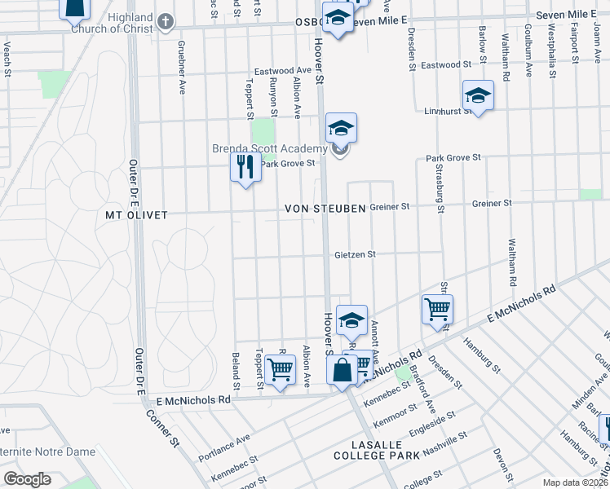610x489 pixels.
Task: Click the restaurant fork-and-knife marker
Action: (245, 168)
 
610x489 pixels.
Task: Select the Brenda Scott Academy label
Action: (269, 148)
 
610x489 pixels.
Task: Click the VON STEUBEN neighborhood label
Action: (325, 209)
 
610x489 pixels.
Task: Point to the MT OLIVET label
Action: (136, 215)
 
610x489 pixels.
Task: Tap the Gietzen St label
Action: (355, 254)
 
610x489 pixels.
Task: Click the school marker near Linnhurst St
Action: (478, 96)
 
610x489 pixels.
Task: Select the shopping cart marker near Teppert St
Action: (281, 369)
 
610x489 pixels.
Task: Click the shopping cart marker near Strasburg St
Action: (438, 310)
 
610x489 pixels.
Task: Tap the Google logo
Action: (27, 479)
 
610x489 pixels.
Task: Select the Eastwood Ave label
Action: (282, 71)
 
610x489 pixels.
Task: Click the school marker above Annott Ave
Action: (351, 320)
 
